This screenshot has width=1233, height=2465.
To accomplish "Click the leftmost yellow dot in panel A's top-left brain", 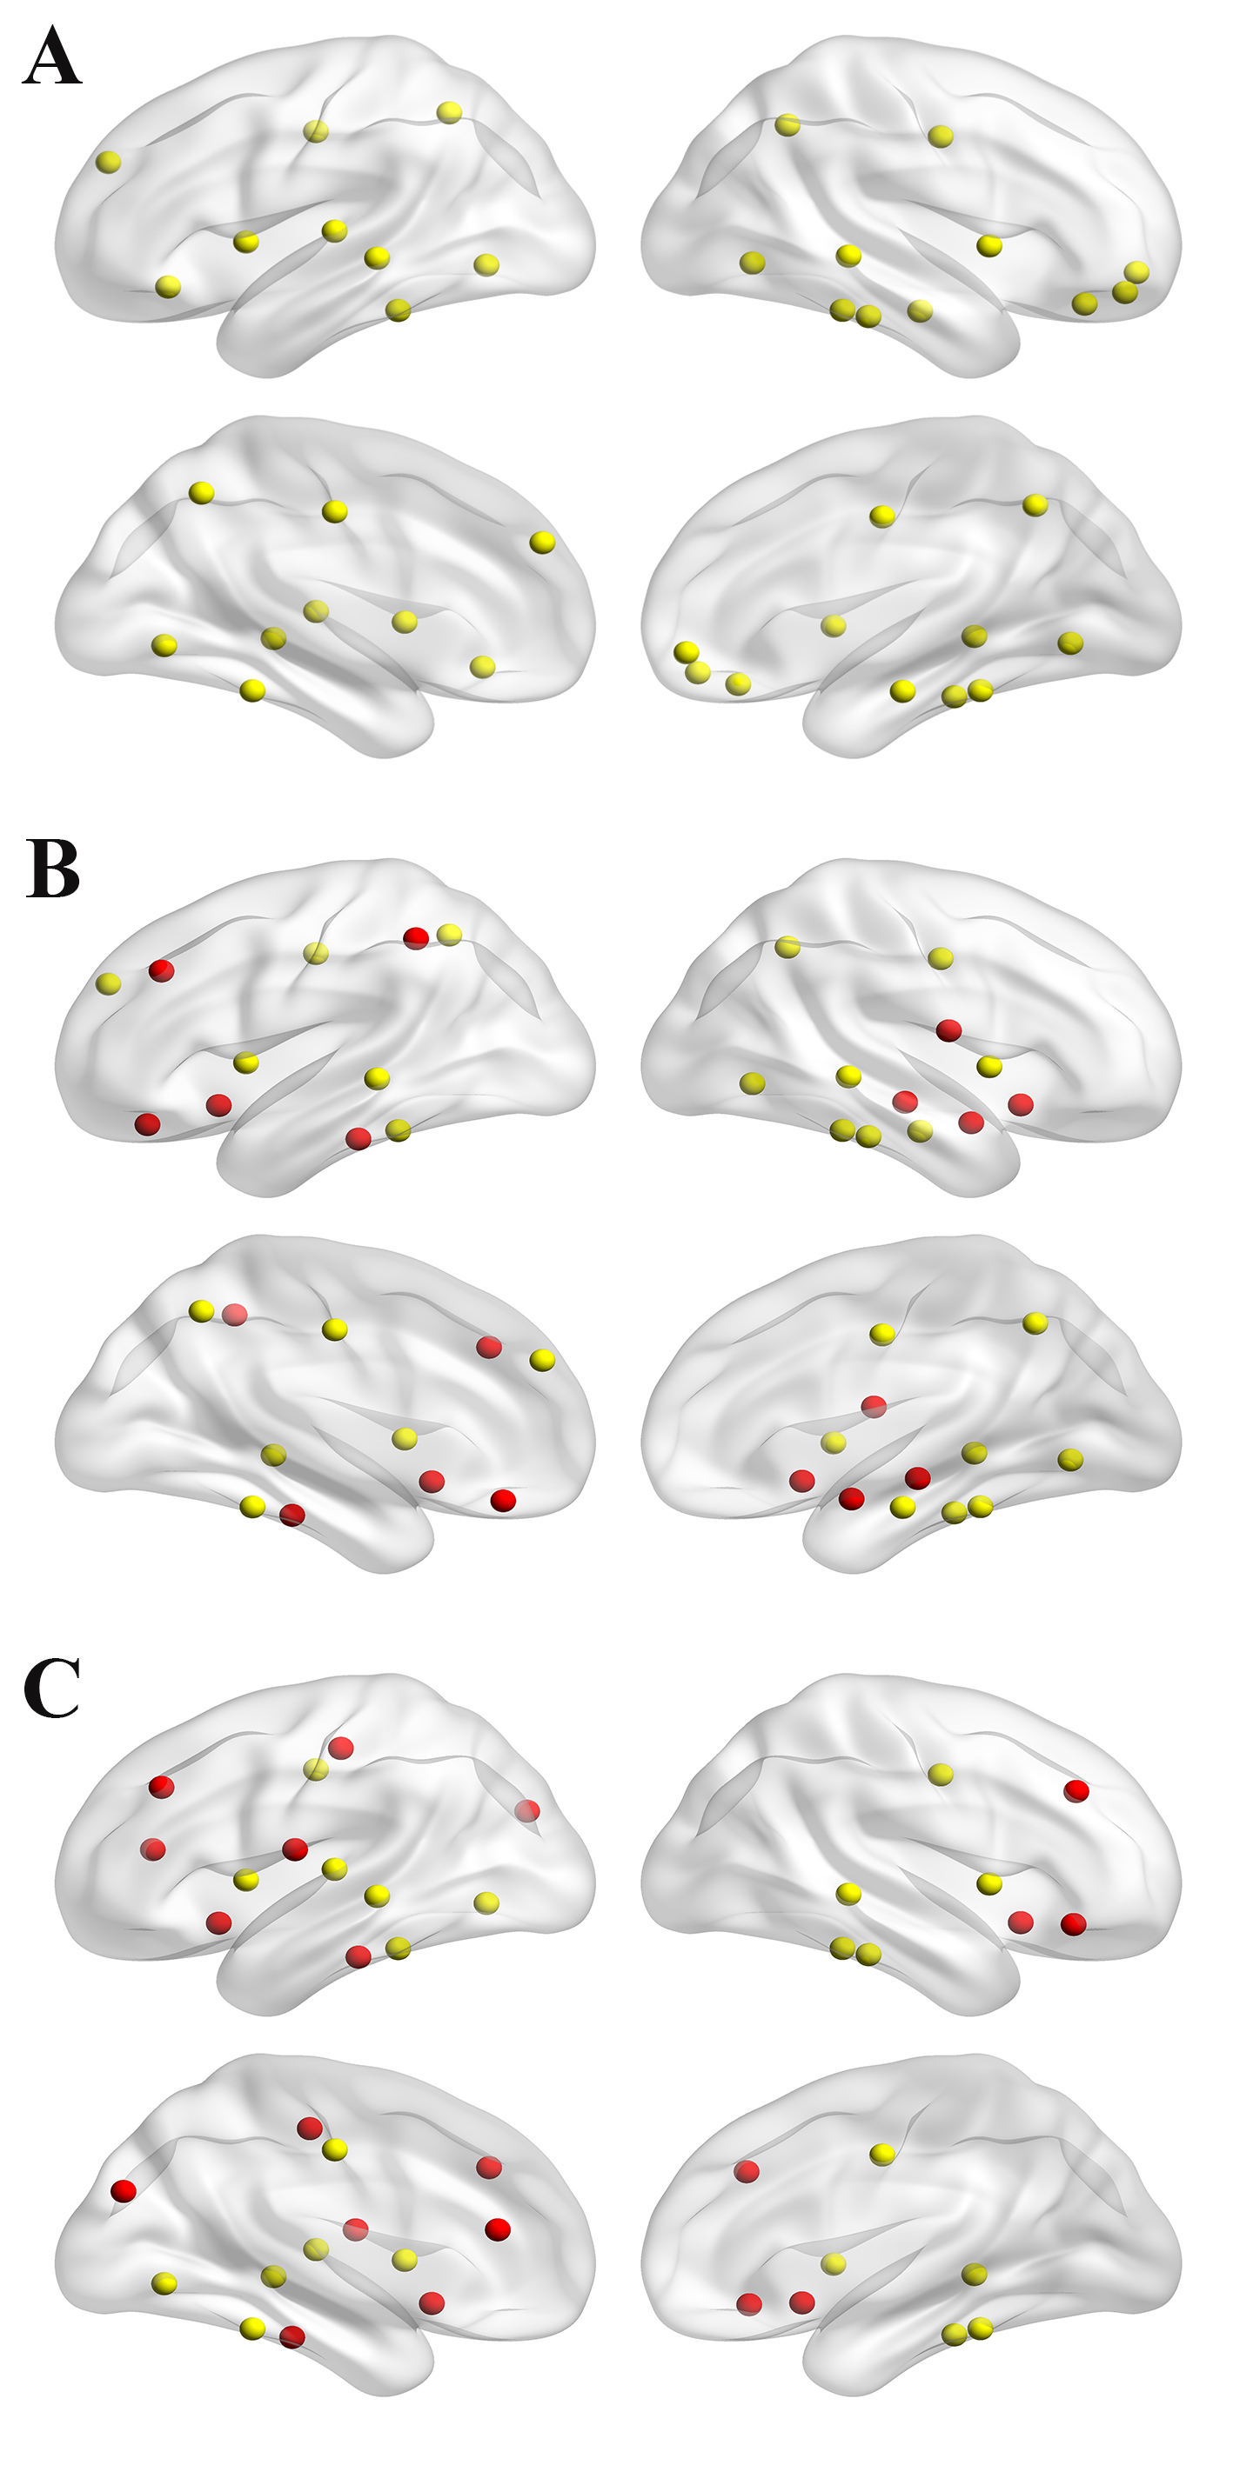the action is [109, 162].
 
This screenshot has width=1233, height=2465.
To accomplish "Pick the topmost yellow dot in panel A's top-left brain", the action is [449, 112].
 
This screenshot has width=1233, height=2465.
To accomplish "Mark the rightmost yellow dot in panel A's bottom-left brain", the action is [542, 543].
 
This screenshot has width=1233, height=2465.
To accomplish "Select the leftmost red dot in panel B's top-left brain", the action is [147, 1124].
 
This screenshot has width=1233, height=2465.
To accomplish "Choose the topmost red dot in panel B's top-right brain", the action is [948, 1030].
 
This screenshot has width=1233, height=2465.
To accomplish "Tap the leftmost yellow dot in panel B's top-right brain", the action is [753, 1083].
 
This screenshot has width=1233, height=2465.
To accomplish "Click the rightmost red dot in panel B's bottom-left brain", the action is [503, 1501].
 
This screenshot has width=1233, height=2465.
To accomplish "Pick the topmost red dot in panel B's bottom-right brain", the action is [873, 1406].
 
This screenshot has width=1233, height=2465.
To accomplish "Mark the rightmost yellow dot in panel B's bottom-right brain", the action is [1070, 1459].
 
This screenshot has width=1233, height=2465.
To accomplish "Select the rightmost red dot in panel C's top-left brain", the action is [526, 1810].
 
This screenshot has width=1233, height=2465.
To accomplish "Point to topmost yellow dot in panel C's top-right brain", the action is [941, 1774].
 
